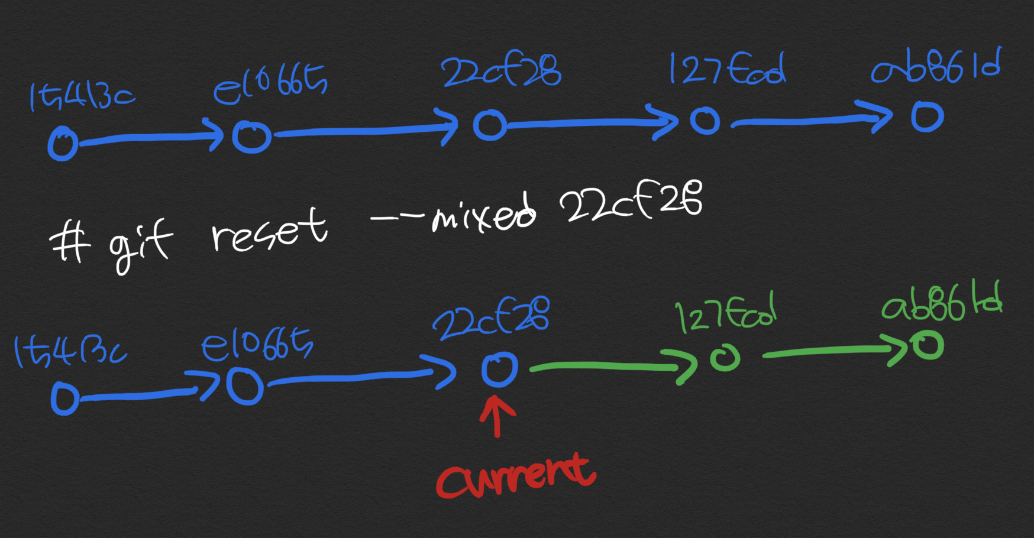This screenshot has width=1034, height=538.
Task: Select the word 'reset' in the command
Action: tap(269, 231)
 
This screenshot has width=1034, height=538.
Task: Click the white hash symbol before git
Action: tap(70, 243)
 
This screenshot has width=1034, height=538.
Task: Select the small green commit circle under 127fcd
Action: tap(725, 358)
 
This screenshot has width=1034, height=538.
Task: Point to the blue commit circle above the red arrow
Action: tap(499, 370)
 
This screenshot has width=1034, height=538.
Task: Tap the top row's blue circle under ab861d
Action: tap(927, 116)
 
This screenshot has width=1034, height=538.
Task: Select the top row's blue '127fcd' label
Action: tap(727, 69)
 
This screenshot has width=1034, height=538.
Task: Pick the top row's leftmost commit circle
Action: tap(63, 143)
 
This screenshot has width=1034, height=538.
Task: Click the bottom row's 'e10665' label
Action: tap(257, 345)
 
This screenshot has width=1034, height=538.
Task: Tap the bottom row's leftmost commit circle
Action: tap(64, 398)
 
